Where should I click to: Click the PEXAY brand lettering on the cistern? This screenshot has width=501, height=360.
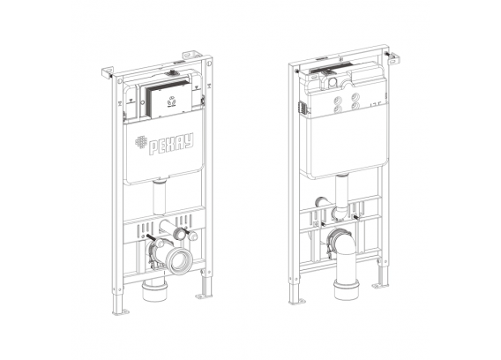tap(172, 145)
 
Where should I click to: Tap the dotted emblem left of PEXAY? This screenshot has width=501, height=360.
tap(141, 142)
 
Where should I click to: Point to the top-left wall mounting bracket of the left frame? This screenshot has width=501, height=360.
tap(108, 72)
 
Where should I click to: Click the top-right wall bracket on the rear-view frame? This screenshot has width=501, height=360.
tap(394, 56)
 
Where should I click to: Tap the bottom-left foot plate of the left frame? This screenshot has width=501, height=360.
tap(122, 311)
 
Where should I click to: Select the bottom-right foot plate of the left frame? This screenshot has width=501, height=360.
tap(204, 296)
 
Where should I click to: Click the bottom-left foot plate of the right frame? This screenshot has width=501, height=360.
tap(297, 301)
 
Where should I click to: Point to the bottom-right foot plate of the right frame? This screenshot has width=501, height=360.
tap(381, 286)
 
